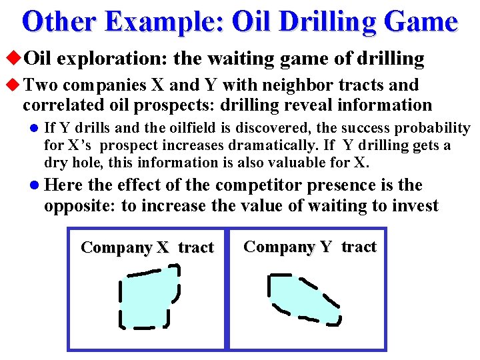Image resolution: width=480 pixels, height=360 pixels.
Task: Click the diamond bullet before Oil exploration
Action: tap(15, 59)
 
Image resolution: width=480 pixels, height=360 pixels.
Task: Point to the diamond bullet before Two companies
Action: tap(15, 85)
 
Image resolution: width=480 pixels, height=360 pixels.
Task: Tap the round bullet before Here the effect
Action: tap(34, 186)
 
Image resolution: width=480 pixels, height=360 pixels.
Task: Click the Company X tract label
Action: tap(147, 248)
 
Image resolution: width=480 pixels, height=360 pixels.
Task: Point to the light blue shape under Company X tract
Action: tap(148, 297)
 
